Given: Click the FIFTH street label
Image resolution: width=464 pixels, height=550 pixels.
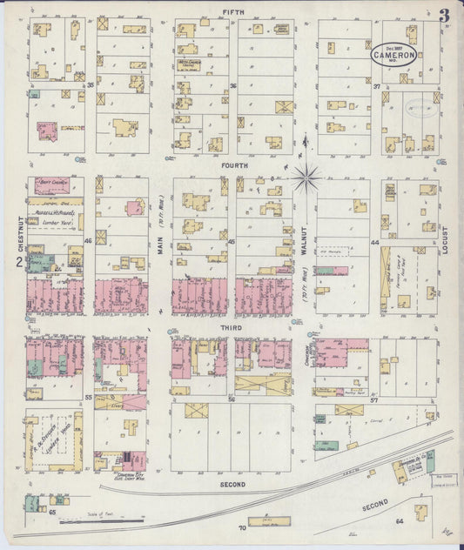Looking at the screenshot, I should click(232, 11).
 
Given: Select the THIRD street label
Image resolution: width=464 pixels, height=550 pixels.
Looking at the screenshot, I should click(233, 325).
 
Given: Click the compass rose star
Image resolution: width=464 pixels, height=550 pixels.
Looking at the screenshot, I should click(306, 178).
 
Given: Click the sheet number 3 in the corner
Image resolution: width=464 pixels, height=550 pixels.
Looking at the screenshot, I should click(445, 15).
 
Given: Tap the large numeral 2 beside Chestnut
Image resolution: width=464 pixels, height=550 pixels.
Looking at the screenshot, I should click(18, 262).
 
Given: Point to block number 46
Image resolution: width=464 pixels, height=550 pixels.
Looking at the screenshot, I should click(88, 240).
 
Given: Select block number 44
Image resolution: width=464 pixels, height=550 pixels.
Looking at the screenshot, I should click(377, 243).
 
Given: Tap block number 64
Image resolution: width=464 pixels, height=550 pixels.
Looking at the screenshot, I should click(400, 520).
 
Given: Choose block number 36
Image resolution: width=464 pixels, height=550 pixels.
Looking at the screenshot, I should click(233, 85).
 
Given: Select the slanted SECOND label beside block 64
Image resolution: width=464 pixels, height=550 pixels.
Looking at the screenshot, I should click(375, 505).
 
